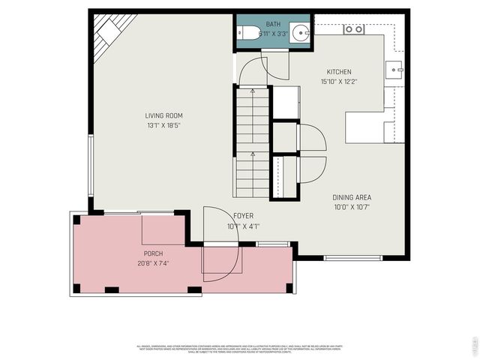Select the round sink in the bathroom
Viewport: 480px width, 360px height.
tap(299, 33)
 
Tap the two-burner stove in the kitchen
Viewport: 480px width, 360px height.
tap(353, 29)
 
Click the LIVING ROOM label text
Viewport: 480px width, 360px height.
tap(163, 115)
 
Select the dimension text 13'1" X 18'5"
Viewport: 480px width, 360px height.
tap(163, 125)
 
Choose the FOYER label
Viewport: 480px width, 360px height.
tap(243, 216)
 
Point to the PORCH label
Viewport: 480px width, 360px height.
tap(153, 253)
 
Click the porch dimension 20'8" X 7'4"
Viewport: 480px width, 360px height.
tap(153, 263)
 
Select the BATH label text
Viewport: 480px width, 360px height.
tap(273, 24)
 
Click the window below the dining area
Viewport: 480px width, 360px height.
tap(352, 258)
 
